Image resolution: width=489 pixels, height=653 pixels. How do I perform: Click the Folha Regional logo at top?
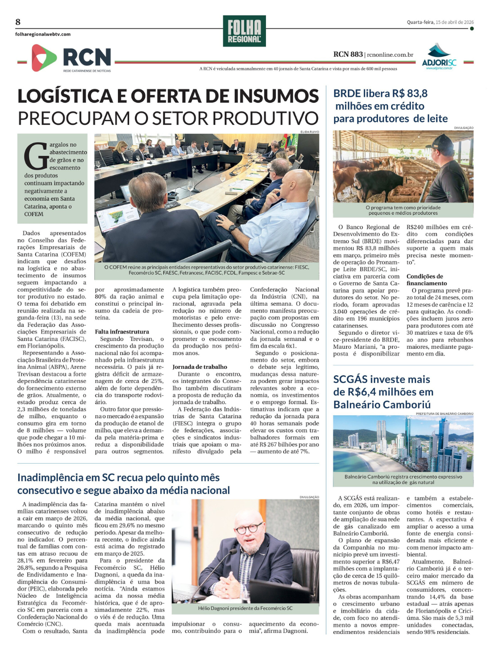(244, 31)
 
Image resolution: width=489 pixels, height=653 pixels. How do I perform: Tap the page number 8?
(18, 22)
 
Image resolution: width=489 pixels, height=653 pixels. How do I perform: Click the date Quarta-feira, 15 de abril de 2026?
(440, 22)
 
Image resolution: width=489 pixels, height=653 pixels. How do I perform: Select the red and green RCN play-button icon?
(44, 58)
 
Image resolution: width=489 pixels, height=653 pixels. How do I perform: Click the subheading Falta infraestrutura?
(122, 332)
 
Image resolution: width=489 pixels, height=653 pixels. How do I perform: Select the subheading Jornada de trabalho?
(200, 367)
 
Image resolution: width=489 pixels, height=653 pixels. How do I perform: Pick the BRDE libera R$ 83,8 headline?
(380, 93)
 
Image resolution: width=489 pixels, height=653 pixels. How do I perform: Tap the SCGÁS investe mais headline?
(381, 380)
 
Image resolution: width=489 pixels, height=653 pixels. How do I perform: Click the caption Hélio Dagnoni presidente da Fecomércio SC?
(245, 608)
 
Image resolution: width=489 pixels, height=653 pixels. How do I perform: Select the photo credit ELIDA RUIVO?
(310, 132)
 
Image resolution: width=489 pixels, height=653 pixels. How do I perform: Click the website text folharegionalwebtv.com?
(43, 34)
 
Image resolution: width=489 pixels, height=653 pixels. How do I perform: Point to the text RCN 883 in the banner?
(348, 54)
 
